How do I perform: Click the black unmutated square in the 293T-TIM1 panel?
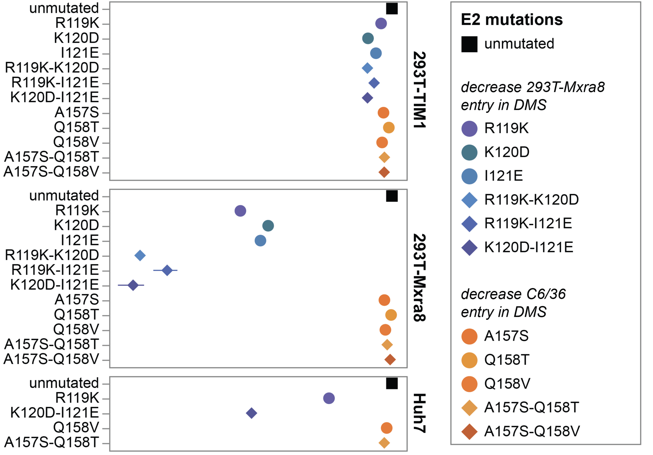392,8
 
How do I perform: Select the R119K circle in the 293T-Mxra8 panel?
240,211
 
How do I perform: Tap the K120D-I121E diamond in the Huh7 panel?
251,413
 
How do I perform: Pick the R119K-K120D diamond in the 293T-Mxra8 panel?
140,255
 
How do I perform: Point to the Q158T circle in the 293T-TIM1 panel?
388,128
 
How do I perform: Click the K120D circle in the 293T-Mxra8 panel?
268,226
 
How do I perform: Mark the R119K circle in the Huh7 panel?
329,398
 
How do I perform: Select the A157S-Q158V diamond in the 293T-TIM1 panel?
384,172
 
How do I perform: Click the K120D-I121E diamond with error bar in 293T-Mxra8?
133,285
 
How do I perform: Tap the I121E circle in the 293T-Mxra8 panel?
260,241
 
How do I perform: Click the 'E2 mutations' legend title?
511,20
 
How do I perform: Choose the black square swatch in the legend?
469,44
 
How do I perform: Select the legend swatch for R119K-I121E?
469,223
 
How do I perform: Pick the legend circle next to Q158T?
469,360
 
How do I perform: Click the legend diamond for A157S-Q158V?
469,431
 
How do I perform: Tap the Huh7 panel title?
419,413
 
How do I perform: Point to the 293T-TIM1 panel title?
419,90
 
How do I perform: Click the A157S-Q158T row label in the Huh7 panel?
52,443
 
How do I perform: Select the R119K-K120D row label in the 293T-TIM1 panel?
52,68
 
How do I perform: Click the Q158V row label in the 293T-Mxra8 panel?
76,330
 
